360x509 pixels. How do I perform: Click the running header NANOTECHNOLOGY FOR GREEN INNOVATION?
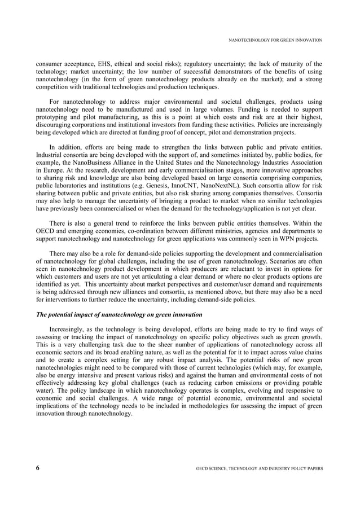click(x=275, y=40)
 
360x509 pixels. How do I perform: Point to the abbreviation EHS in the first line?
click(x=99, y=64)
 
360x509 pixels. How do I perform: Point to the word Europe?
click(x=52, y=169)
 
